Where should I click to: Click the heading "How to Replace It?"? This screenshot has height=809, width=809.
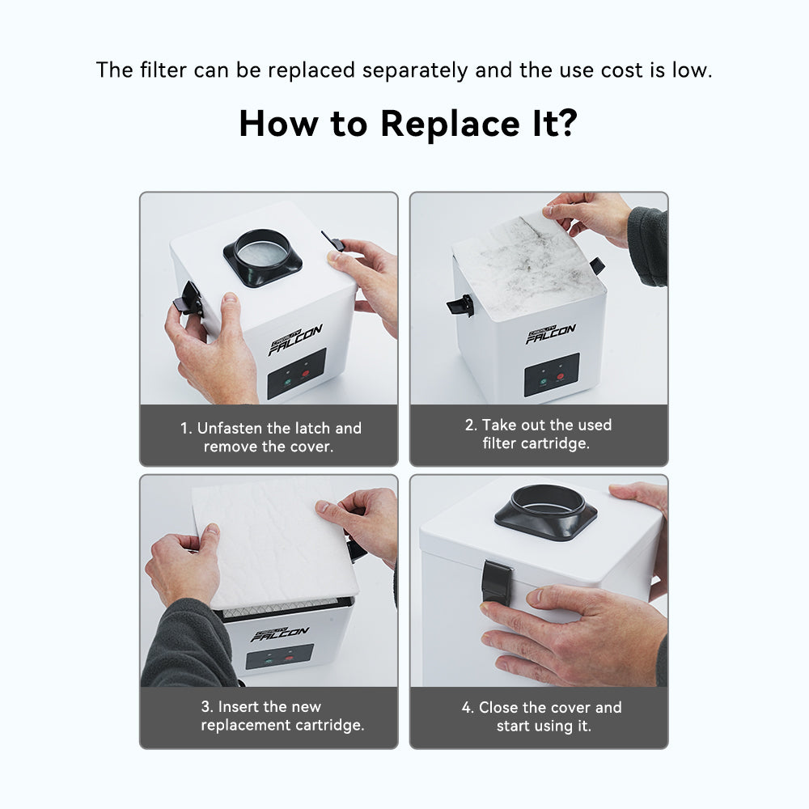coord(408,124)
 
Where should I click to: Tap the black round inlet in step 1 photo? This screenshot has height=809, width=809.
coord(263,257)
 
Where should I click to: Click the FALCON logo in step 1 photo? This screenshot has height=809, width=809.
coord(295,340)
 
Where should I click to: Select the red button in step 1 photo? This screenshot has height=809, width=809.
coord(306,374)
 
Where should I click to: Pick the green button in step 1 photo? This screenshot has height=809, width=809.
coord(288,383)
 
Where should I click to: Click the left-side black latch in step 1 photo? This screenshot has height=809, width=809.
coord(188,299)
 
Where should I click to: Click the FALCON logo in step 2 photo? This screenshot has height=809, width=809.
coord(550,334)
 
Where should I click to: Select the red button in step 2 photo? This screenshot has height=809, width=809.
coord(561,377)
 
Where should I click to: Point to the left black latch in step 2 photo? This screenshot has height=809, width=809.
coord(460,305)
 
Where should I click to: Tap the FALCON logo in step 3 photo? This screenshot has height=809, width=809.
coord(280,634)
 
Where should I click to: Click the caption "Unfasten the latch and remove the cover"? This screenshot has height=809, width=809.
coord(270,437)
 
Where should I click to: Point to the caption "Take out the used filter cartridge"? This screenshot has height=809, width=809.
coord(538,434)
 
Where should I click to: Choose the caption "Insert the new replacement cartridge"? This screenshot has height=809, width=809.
coord(282,716)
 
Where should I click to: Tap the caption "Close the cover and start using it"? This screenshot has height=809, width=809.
coord(542,716)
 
